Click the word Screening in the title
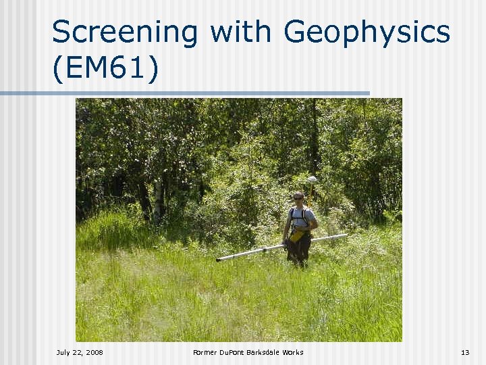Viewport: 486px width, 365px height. pyautogui.click(x=125, y=32)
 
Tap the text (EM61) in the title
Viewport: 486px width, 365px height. pyautogui.click(x=105, y=69)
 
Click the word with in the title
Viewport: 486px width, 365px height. pyautogui.click(x=241, y=32)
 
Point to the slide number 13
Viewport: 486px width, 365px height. pyautogui.click(x=464, y=352)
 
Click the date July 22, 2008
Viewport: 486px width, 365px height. pyautogui.click(x=80, y=352)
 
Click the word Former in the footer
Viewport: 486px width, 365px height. pyautogui.click(x=203, y=352)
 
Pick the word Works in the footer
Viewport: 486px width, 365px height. pyautogui.click(x=293, y=352)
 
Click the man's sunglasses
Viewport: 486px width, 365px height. pyautogui.click(x=298, y=198)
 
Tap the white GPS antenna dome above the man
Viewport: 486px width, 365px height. pyautogui.click(x=312, y=179)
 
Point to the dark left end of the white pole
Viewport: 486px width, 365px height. pyautogui.click(x=219, y=259)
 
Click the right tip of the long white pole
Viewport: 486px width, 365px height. pyautogui.click(x=345, y=236)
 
